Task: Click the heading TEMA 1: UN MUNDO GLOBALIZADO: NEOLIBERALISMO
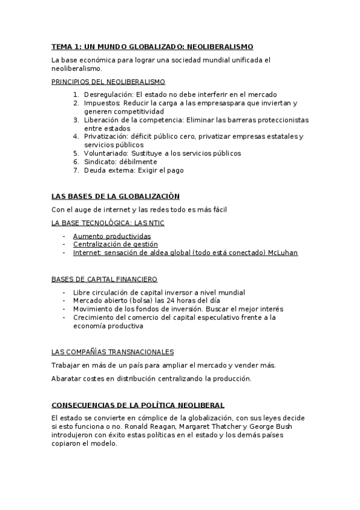pyautogui.click(x=152, y=46)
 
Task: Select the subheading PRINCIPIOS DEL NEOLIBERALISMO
pyautogui.click(x=108, y=81)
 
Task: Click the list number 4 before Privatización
pyautogui.click(x=76, y=137)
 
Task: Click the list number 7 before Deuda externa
pyautogui.click(x=76, y=170)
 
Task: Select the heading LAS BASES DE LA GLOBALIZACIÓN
pyautogui.click(x=115, y=196)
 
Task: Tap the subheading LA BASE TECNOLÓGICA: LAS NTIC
pyautogui.click(x=108, y=223)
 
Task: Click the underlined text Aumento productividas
pyautogui.click(x=112, y=236)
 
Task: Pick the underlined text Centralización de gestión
pyautogui.click(x=115, y=245)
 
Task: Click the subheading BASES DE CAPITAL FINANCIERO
pyautogui.click(x=105, y=279)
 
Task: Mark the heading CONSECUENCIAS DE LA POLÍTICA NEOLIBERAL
pyautogui.click(x=138, y=405)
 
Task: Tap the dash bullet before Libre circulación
pyautogui.click(x=65, y=293)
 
